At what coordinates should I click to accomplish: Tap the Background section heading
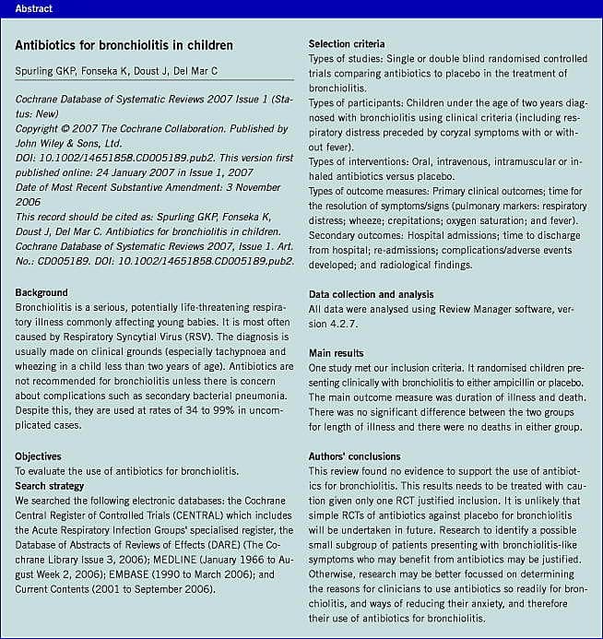click(x=41, y=292)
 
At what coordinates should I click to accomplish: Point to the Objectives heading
click(x=39, y=456)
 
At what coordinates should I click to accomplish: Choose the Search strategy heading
click(x=50, y=486)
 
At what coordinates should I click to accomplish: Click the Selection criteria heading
click(x=347, y=44)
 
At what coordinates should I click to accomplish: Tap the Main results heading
click(x=336, y=353)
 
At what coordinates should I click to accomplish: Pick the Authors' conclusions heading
click(x=355, y=456)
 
